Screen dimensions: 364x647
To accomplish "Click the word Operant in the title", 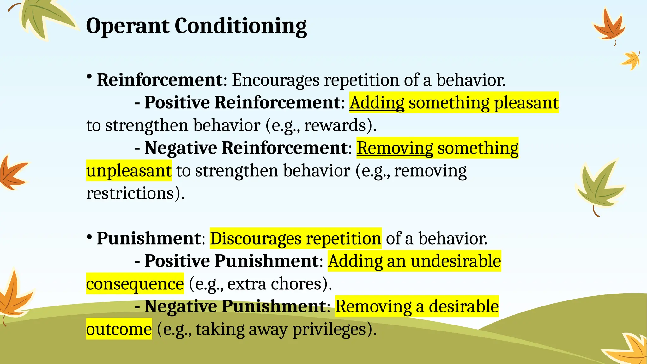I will pos(127,26).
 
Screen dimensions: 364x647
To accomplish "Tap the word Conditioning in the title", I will pos(240,27).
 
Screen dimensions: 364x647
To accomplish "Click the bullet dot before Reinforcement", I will pos(89,76).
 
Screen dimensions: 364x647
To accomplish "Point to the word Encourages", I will pos(276,80).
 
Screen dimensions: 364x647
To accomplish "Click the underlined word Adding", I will pos(377,103).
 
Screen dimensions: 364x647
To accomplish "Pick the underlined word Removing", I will pos(395,148).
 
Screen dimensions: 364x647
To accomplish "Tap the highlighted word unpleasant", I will pos(129,171).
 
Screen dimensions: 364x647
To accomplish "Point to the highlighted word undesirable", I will pos(456,261).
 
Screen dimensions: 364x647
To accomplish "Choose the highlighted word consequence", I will pos(135,284).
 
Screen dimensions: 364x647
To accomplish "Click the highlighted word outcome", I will pos(119,329).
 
